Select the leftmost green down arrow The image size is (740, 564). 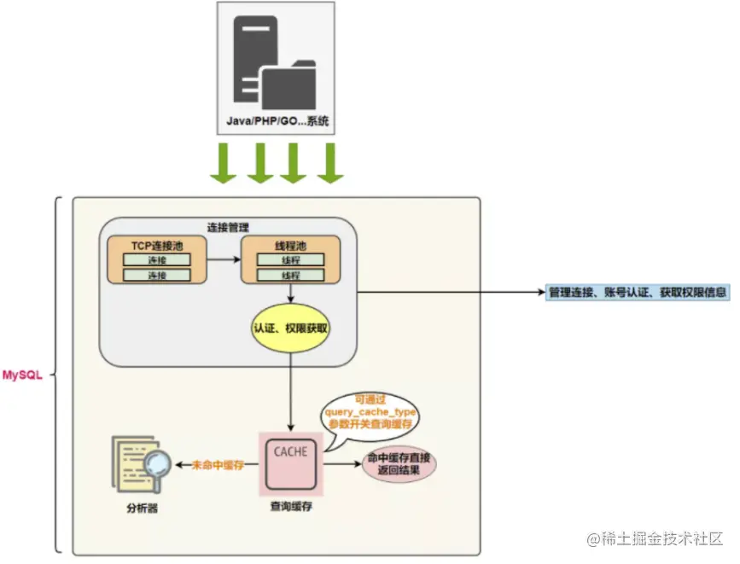click(223, 164)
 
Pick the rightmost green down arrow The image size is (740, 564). click(329, 164)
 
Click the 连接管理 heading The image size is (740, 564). click(228, 228)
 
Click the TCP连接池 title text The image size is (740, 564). click(156, 245)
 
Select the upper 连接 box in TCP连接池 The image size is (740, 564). click(156, 259)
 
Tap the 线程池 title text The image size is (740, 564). click(290, 245)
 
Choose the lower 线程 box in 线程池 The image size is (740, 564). click(290, 275)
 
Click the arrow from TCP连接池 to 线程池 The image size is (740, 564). click(223, 259)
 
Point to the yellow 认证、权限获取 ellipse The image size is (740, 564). click(291, 328)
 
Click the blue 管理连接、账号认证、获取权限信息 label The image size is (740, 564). click(638, 292)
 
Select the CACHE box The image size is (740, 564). click(291, 463)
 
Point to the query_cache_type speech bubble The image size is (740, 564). click(370, 413)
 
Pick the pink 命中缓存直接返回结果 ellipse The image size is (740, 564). click(400, 465)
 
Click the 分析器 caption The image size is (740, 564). click(140, 507)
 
